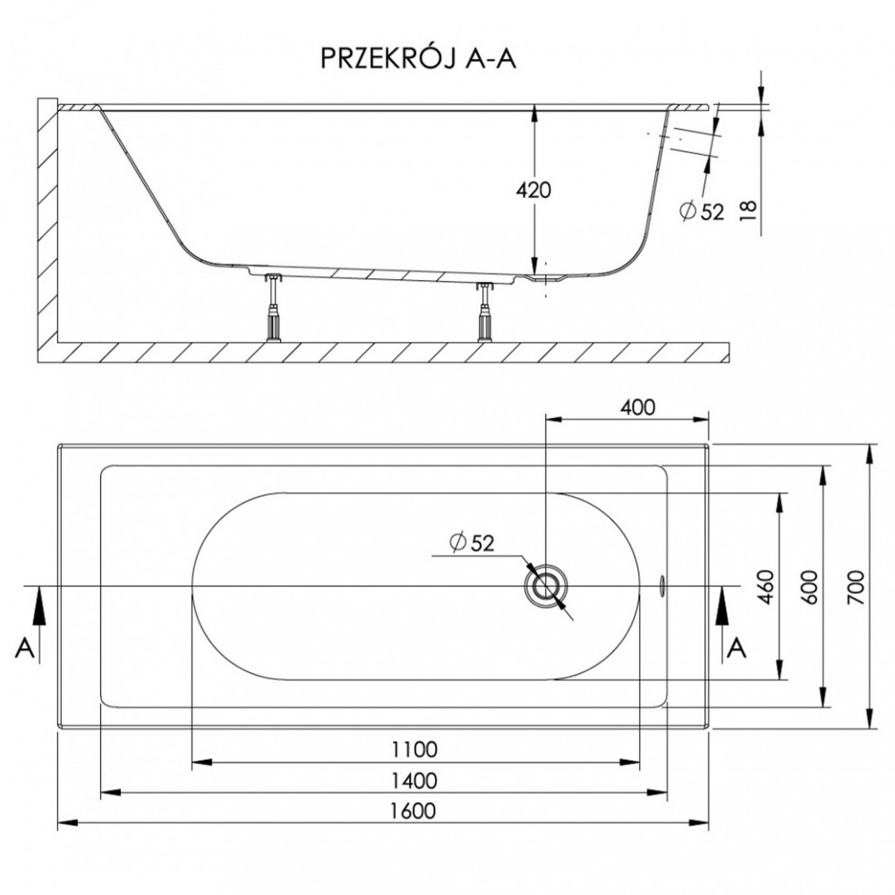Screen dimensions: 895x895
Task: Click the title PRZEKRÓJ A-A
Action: (418, 59)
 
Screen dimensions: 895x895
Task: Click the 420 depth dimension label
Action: (533, 190)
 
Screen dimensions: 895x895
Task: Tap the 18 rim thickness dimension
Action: (750, 210)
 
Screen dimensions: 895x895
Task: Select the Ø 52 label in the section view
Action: (702, 212)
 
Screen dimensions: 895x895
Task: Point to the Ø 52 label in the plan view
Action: (472, 542)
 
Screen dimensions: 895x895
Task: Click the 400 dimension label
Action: (637, 407)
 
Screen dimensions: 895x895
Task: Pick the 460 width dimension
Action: (765, 586)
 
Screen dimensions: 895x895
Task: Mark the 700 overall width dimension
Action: (857, 587)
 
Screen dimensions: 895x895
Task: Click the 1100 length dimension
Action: (414, 749)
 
